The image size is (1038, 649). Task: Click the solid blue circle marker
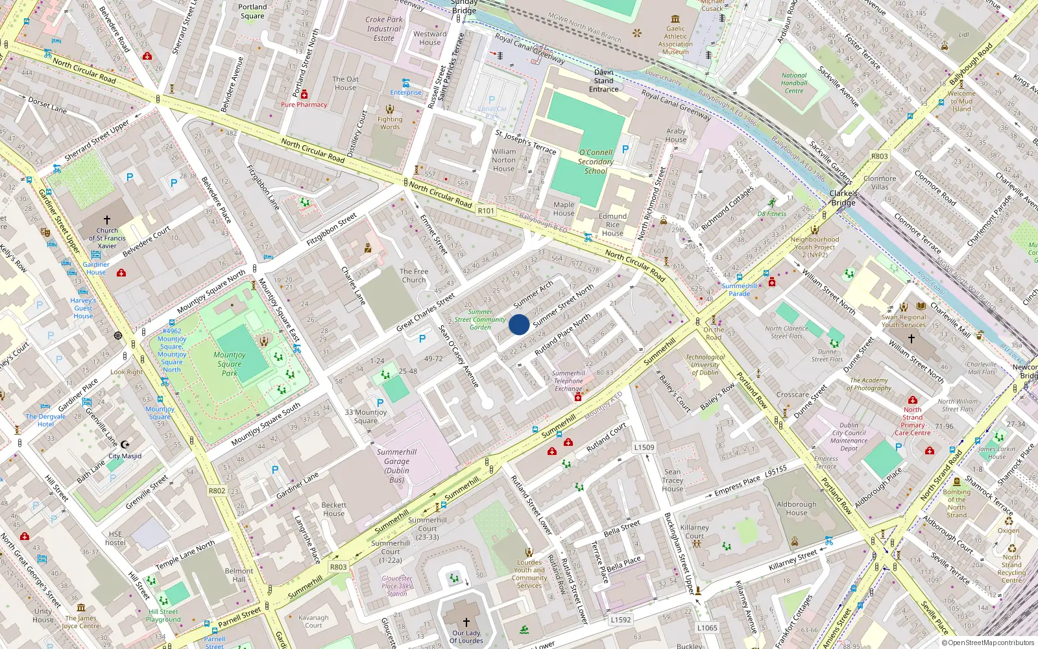point(519,324)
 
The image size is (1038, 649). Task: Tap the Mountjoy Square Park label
point(230,364)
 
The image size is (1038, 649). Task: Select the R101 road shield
point(486,210)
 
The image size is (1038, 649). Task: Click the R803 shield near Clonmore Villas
point(880,156)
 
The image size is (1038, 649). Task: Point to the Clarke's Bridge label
point(843,198)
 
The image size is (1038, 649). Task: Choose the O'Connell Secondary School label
point(596,162)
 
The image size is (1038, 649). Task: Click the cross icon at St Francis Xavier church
point(107,220)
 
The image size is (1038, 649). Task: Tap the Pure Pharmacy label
point(304,104)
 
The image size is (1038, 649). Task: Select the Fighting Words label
point(390,123)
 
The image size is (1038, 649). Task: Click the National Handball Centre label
point(794,83)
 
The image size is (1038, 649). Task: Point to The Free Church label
point(414,276)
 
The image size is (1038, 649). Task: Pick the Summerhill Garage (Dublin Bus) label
point(396,466)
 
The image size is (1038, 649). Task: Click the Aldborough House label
point(797,508)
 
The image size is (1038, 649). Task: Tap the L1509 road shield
point(644,447)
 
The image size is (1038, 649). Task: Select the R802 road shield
point(217,491)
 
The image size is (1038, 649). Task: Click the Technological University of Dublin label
point(705,365)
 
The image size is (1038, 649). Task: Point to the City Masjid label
point(125,456)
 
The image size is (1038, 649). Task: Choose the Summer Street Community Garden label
point(480,319)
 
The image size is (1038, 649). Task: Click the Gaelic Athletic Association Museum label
point(675,40)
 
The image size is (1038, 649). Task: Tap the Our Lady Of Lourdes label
point(466,637)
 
